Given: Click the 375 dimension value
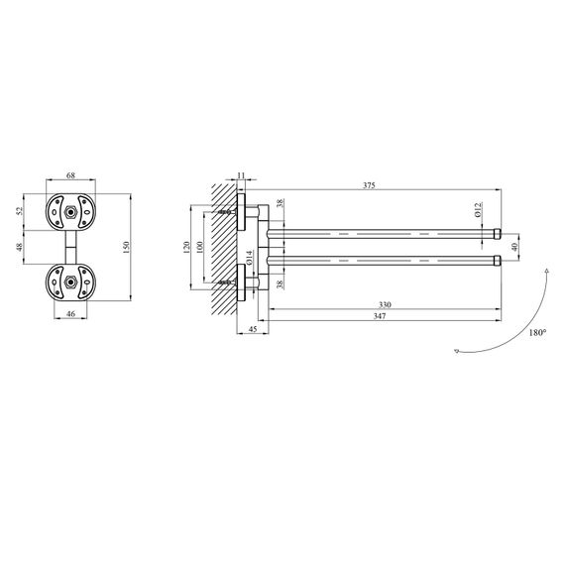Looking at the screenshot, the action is pos(369,185).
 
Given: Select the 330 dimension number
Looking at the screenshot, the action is pos(385,305).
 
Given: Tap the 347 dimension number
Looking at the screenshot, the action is pos(380,316).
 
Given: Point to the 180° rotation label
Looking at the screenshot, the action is pos(537,333).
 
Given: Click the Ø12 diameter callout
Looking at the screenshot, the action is pos(478,210).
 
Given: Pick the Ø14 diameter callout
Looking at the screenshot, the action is pos(250,258).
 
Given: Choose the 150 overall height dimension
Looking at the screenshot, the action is pos(126,247).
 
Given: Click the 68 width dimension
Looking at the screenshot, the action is pos(71,175).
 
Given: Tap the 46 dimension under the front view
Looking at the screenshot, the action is pos(71,314).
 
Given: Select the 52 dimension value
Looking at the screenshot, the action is pos(20,211).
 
